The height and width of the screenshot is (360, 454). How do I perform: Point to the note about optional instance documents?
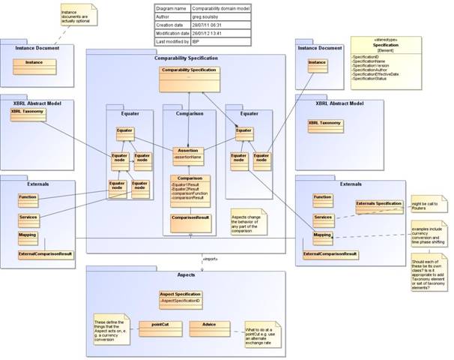(77, 15)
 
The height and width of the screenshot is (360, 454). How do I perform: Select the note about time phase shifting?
(428, 232)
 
